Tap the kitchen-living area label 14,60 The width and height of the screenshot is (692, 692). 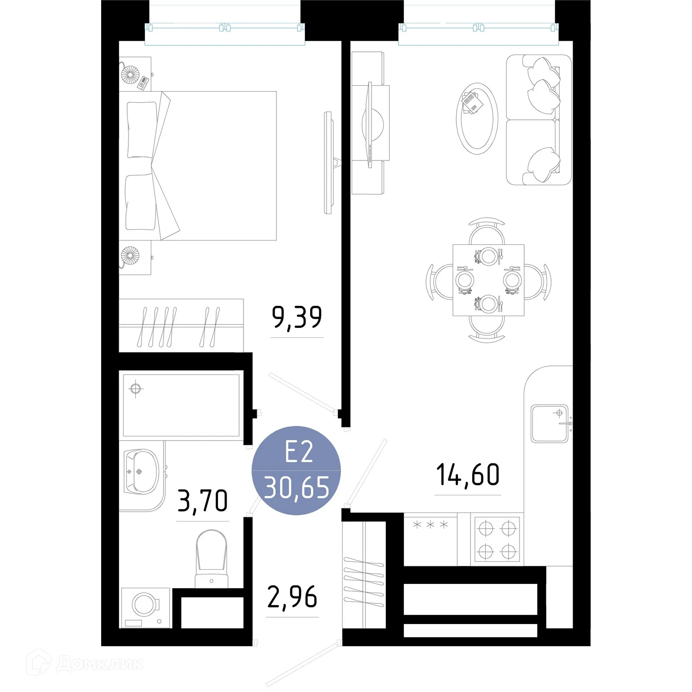coord(468,475)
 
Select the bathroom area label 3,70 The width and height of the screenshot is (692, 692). coord(202,501)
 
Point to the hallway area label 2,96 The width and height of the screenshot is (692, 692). coord(292,597)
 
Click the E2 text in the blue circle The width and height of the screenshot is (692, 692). coord(298,452)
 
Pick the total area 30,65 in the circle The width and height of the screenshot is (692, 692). coord(297,487)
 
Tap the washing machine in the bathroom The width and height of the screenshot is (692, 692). coord(145,608)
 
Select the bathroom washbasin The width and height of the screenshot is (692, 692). coord(141,471)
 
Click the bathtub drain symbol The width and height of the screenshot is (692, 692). coord(136,388)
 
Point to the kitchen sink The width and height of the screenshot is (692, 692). coord(549,423)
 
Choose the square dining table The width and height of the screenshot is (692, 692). coord(488,280)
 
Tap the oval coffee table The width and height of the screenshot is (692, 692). coord(477,119)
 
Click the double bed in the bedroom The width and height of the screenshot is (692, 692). coord(198,166)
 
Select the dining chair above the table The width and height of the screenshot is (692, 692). coord(487,231)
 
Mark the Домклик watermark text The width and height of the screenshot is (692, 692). coord(99,664)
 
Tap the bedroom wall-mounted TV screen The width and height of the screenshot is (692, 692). coord(328,163)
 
